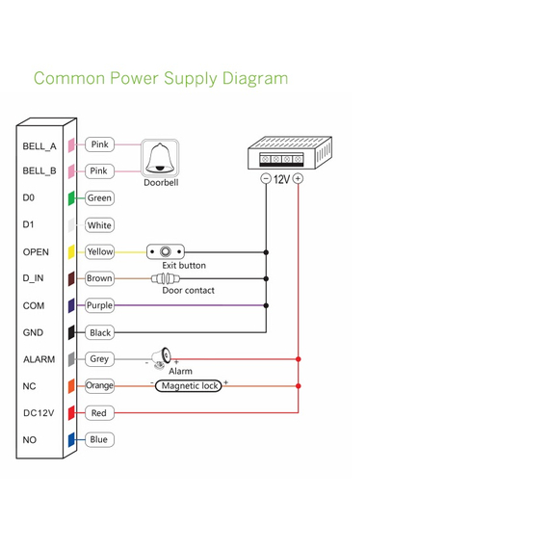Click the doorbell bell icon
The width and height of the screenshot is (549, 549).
click(160, 158)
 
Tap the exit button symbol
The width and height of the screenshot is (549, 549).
click(166, 251)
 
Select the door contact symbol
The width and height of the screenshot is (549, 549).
click(166, 278)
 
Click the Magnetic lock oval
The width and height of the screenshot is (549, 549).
click(189, 386)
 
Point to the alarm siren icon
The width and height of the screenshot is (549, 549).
click(162, 358)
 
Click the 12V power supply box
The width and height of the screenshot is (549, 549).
click(290, 153)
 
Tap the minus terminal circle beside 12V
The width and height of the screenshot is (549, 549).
click(266, 179)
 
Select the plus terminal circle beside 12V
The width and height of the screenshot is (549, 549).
click(298, 178)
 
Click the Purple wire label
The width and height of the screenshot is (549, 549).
click(100, 305)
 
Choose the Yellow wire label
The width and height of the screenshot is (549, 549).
click(100, 251)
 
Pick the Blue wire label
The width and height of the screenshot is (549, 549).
click(100, 439)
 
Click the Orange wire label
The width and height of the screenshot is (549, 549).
click(100, 386)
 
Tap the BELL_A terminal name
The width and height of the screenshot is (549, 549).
click(39, 146)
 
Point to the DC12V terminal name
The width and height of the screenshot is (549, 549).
click(39, 413)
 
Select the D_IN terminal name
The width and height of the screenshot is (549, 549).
click(33, 278)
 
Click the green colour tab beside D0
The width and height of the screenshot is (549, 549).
click(71, 198)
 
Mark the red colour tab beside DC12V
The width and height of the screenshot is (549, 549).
click(71, 413)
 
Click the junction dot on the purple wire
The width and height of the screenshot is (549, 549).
click(266, 305)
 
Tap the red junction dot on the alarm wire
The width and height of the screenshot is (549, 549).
click(299, 359)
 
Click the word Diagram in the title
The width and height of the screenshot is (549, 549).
click(255, 78)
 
